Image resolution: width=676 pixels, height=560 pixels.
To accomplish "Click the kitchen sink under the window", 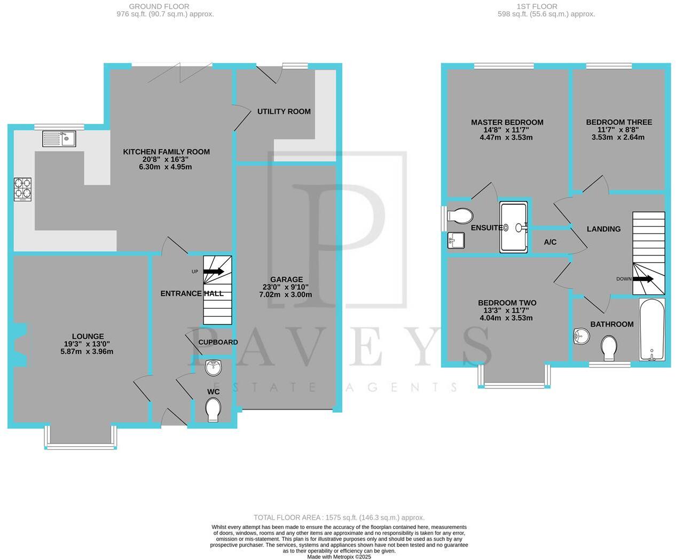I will coord(59,138).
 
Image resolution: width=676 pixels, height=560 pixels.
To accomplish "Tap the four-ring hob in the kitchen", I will coord(22,190).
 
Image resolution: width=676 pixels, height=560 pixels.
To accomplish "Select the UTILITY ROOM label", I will coord(284,111).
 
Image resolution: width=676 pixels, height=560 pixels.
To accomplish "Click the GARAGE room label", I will coord(286,279).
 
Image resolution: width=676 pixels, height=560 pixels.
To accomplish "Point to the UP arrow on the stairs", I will coord(213,271).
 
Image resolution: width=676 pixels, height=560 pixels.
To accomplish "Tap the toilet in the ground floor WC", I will coord(213,410).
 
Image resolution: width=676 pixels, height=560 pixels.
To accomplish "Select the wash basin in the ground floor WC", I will coord(213,367).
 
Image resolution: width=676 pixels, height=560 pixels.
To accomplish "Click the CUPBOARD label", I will coord(218,342).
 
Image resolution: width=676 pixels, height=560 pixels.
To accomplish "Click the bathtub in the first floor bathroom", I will coord(651,330).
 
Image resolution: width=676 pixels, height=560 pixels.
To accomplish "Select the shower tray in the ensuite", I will coord(514,227).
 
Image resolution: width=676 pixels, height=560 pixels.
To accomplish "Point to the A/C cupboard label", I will coord(550,242).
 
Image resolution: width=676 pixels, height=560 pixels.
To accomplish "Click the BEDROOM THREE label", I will coord(618,122).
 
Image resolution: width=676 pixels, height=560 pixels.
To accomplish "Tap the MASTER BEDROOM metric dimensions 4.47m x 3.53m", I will coord(506,137).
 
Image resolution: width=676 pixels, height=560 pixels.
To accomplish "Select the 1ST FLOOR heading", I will coord(537,6).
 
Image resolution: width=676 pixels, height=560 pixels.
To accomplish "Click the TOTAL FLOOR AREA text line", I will coord(339,517).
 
